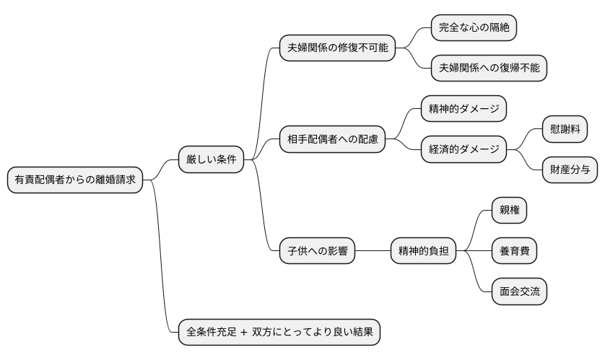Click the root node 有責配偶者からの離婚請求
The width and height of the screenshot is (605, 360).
[x=75, y=180]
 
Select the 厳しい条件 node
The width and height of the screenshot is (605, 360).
[x=211, y=159]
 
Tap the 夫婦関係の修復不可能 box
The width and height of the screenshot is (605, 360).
[x=337, y=48]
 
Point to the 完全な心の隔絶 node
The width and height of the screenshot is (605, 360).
[x=474, y=28]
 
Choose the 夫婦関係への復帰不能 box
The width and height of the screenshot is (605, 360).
[x=489, y=69]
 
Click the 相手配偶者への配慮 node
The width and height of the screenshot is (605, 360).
[x=332, y=139]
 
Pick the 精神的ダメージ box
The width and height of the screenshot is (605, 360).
[x=464, y=109]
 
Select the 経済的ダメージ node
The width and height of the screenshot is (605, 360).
[x=464, y=149]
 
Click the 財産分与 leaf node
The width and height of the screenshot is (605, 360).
[x=570, y=170]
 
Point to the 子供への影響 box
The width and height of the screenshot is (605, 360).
[x=317, y=251]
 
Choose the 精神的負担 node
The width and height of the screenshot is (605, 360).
[x=423, y=251]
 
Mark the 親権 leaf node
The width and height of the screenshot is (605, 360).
[x=509, y=211]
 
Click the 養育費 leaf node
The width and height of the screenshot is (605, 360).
[x=514, y=251]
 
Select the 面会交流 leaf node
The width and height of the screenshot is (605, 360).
[x=518, y=291]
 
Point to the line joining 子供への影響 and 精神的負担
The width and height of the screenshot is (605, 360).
[x=373, y=251]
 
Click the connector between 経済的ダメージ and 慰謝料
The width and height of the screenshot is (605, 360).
[x=525, y=139]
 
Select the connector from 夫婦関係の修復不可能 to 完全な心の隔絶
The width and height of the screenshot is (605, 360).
[x=414, y=38]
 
